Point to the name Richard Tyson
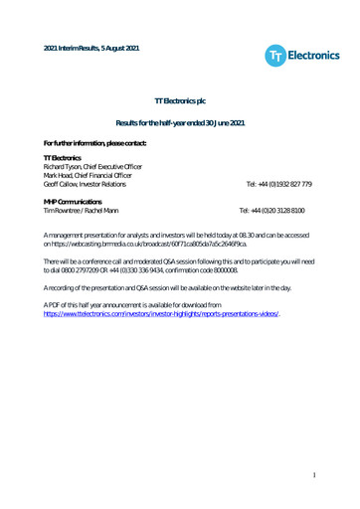(x=67, y=167)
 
